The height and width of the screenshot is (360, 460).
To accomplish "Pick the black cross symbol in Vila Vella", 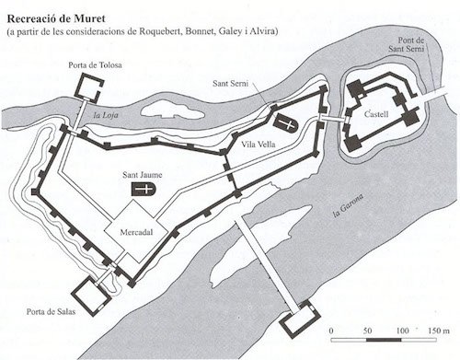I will point(289,123).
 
